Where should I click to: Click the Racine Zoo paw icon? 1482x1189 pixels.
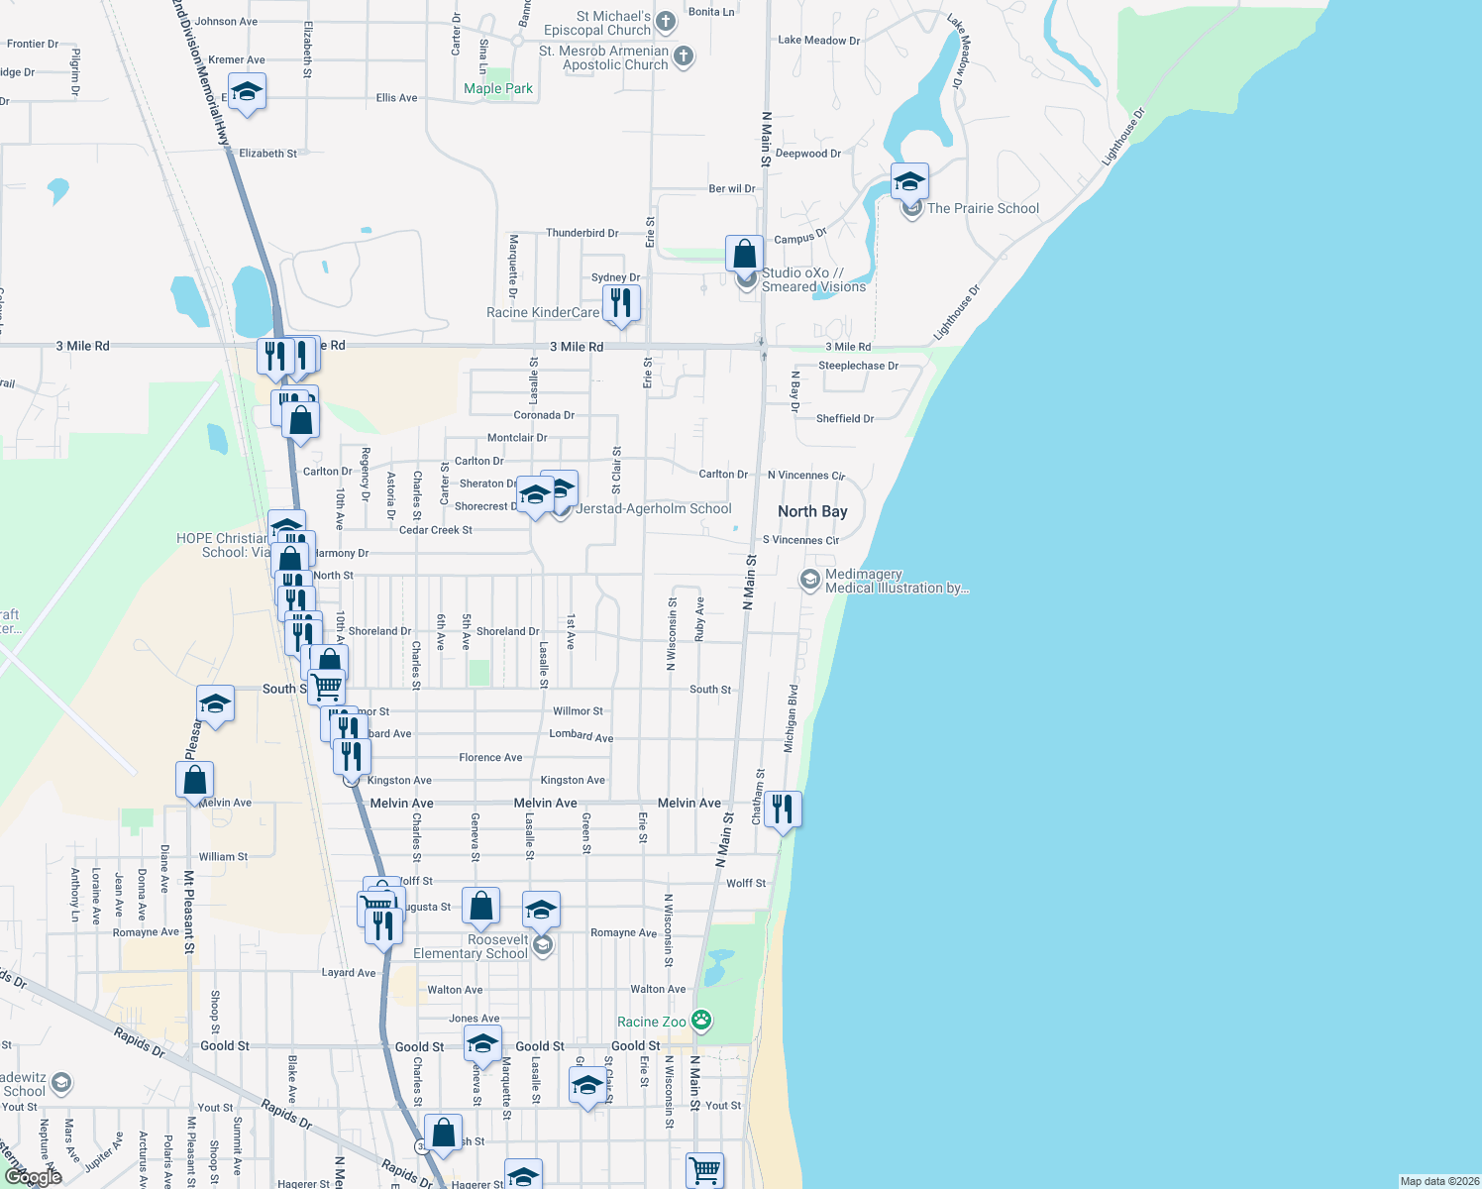701,1020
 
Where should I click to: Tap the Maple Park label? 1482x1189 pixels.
498,88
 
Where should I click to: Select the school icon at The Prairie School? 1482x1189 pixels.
909,182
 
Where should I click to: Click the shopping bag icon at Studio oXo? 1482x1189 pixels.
744,254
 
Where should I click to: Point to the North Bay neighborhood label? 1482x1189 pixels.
812,511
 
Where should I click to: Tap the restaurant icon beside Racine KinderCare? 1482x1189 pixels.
621,302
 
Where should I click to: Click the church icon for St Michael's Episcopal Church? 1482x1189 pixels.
666,21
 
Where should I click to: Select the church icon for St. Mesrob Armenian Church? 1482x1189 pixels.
684,56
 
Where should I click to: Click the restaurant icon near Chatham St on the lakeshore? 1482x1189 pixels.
783,809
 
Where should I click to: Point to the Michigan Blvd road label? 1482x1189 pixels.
791,717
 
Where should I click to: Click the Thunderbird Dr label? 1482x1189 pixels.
582,233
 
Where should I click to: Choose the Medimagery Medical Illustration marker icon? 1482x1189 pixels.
810,580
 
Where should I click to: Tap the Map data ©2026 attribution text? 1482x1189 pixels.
1439,1181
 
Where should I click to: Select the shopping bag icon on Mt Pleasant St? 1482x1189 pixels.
195,780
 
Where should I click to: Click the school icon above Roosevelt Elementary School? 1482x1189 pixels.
541,909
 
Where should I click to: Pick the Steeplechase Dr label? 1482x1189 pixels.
858,366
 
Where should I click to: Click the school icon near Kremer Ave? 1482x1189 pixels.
246,94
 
